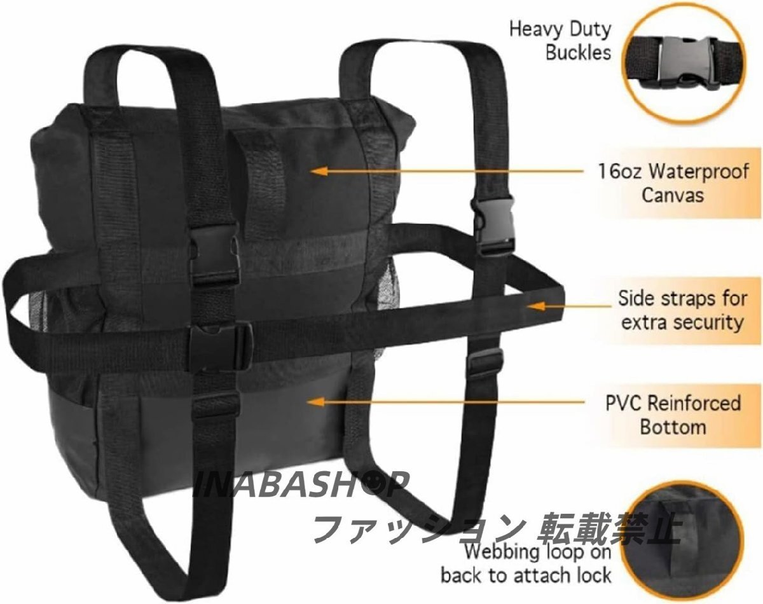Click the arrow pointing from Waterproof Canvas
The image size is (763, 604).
coord(445,171)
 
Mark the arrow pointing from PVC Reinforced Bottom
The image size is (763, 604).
coord(445,402)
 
